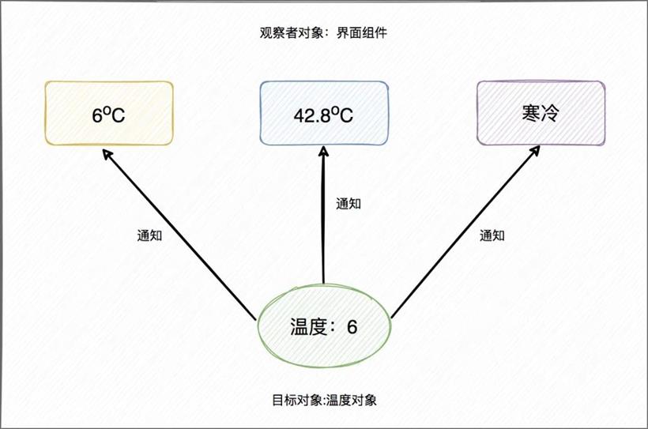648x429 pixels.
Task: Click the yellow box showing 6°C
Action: coord(109,113)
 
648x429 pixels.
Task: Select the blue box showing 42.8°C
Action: coord(323,113)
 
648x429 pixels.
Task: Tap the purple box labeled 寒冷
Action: coord(541,113)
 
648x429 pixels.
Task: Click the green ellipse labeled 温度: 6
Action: coord(324,326)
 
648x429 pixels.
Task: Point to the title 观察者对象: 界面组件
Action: coord(323,32)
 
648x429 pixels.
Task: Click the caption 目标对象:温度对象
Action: coord(325,400)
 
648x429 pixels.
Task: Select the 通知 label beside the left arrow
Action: coord(149,235)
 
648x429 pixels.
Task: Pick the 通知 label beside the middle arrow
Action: coord(348,204)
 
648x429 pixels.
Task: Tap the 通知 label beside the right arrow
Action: coord(492,235)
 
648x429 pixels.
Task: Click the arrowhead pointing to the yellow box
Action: coord(107,155)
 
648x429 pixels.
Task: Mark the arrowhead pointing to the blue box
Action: coord(323,151)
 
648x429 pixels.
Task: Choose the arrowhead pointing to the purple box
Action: coord(535,150)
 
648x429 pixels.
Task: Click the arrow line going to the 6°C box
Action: coord(179,235)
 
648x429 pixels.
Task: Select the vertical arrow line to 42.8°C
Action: coord(323,215)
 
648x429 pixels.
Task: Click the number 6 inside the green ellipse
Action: coord(352,327)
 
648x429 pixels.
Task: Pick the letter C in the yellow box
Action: coord(119,115)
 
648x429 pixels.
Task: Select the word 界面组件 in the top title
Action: coord(362,32)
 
